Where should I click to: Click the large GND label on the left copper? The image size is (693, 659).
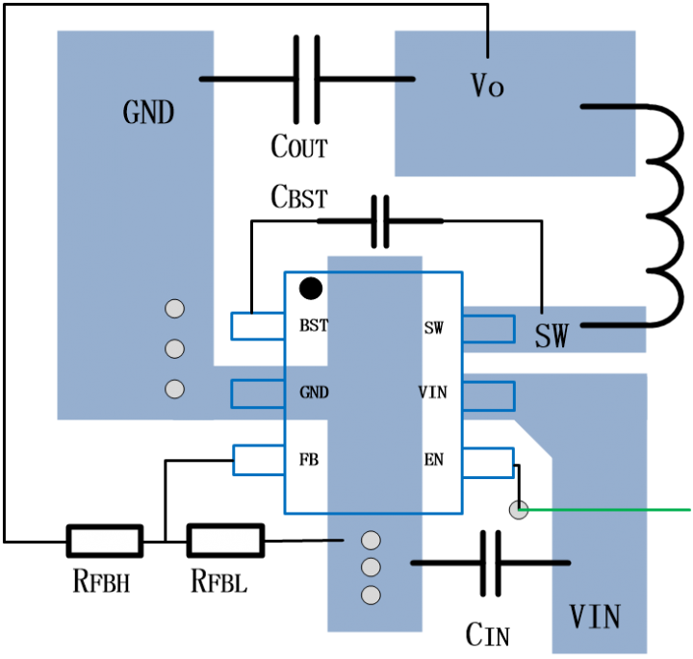148,114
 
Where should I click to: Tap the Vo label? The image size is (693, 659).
487,87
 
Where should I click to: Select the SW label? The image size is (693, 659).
552,337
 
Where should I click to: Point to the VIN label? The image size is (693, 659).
594,618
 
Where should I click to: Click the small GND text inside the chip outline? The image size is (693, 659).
314,393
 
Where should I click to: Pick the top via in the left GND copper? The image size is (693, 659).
174,309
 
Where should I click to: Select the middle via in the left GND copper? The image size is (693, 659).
174,349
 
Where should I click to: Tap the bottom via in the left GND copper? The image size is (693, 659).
174,390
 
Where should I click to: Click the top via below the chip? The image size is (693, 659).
371,541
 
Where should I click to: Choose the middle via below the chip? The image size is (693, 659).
371,568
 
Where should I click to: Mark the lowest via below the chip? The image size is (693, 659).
371,596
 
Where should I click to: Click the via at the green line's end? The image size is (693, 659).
519,510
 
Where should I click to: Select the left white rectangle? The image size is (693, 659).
104,541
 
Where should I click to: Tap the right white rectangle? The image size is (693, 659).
225,541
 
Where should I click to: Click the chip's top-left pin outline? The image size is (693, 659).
258,326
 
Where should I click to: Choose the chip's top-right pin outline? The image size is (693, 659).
488,329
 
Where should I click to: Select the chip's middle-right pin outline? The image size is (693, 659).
488,396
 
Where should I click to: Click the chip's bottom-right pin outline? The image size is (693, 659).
488,463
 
